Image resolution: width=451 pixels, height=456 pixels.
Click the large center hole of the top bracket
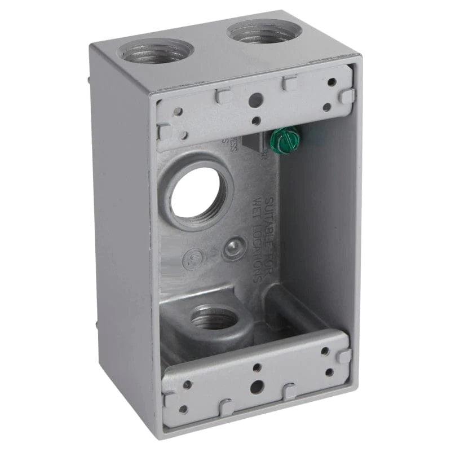pos(255,100)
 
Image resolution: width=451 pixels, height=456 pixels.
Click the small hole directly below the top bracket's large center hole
pos(255,120)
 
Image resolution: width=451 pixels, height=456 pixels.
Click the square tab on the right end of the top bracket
pos(346,97)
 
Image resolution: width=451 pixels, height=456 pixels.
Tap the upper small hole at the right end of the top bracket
pos(331,82)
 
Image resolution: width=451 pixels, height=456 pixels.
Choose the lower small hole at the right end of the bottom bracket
pos(329,372)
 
